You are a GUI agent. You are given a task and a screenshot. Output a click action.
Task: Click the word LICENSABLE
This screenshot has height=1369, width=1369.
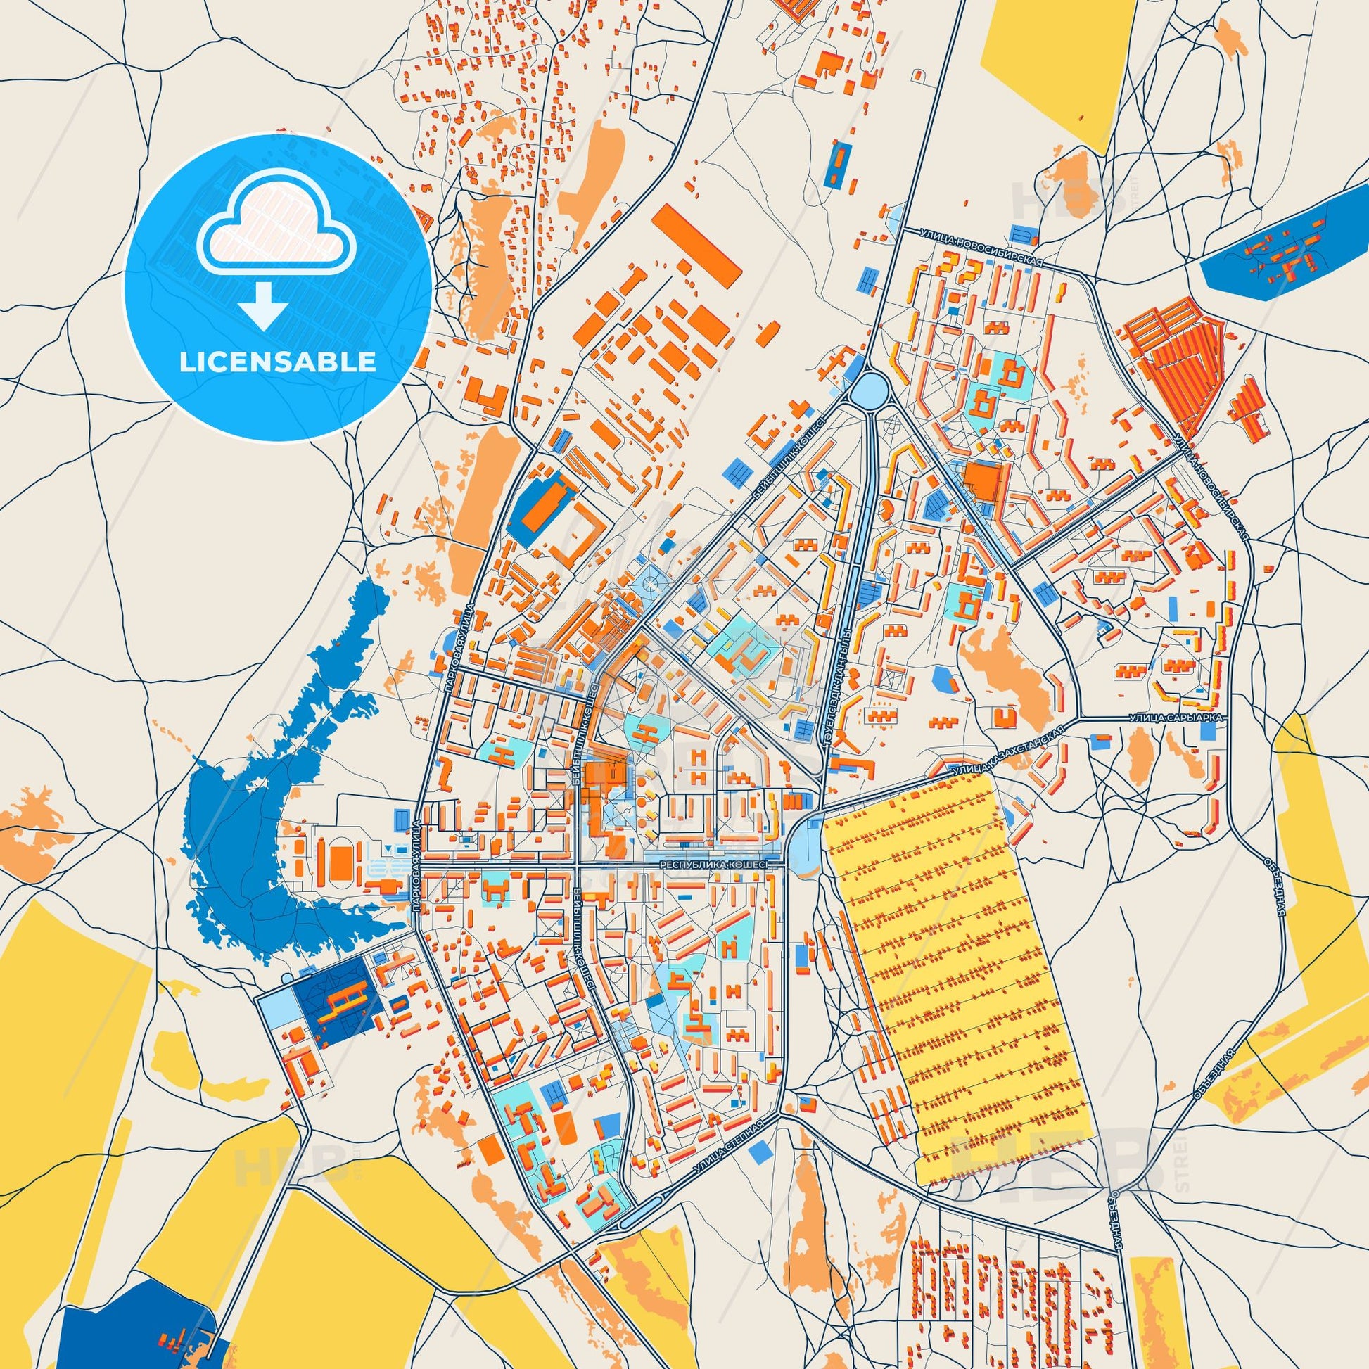click(x=278, y=362)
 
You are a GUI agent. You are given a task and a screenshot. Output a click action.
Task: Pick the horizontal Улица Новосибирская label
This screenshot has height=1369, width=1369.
click(x=981, y=247)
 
